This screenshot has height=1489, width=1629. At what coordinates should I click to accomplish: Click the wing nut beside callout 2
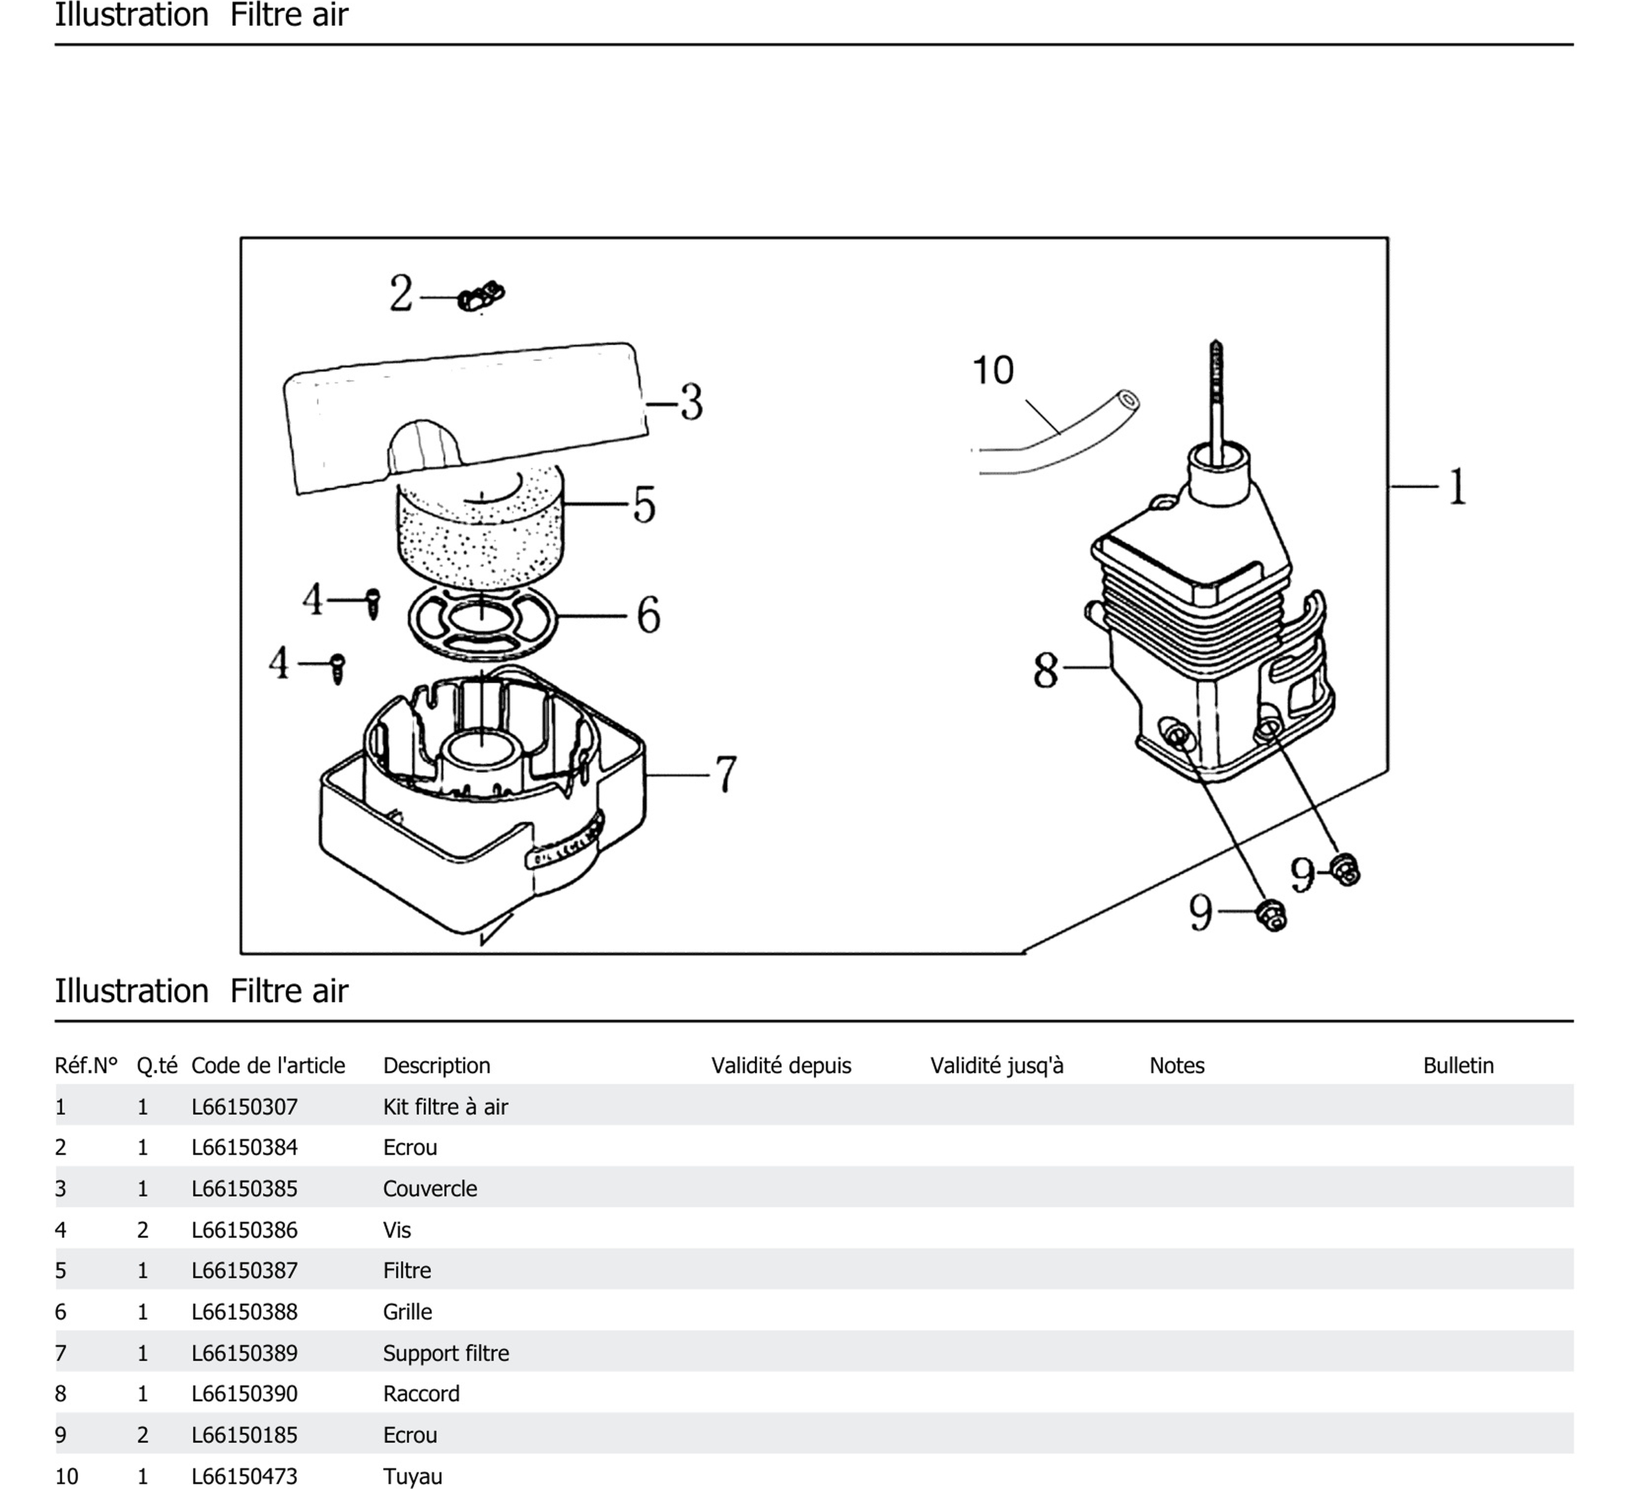[x=481, y=297]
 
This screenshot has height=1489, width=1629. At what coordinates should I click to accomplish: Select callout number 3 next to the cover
[x=691, y=403]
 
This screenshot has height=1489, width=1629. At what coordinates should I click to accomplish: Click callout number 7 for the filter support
[x=726, y=774]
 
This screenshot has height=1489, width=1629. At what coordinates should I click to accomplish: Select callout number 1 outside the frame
[x=1457, y=486]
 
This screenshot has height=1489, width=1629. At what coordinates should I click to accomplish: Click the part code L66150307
[x=244, y=1107]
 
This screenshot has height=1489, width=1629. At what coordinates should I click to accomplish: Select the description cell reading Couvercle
[x=430, y=1188]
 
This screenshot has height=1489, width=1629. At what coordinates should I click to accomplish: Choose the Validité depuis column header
[x=781, y=1066]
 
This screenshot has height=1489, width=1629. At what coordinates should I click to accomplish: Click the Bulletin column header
[x=1458, y=1066]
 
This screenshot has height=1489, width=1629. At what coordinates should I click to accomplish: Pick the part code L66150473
[x=244, y=1476]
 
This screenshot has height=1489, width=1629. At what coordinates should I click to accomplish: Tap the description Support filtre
[x=446, y=1354]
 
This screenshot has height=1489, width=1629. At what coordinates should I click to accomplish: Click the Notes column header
[x=1177, y=1066]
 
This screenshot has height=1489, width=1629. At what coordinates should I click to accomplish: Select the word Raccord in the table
[x=421, y=1394]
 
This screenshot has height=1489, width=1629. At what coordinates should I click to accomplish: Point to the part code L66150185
[x=244, y=1435]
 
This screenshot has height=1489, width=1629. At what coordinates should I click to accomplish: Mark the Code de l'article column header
[x=268, y=1066]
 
